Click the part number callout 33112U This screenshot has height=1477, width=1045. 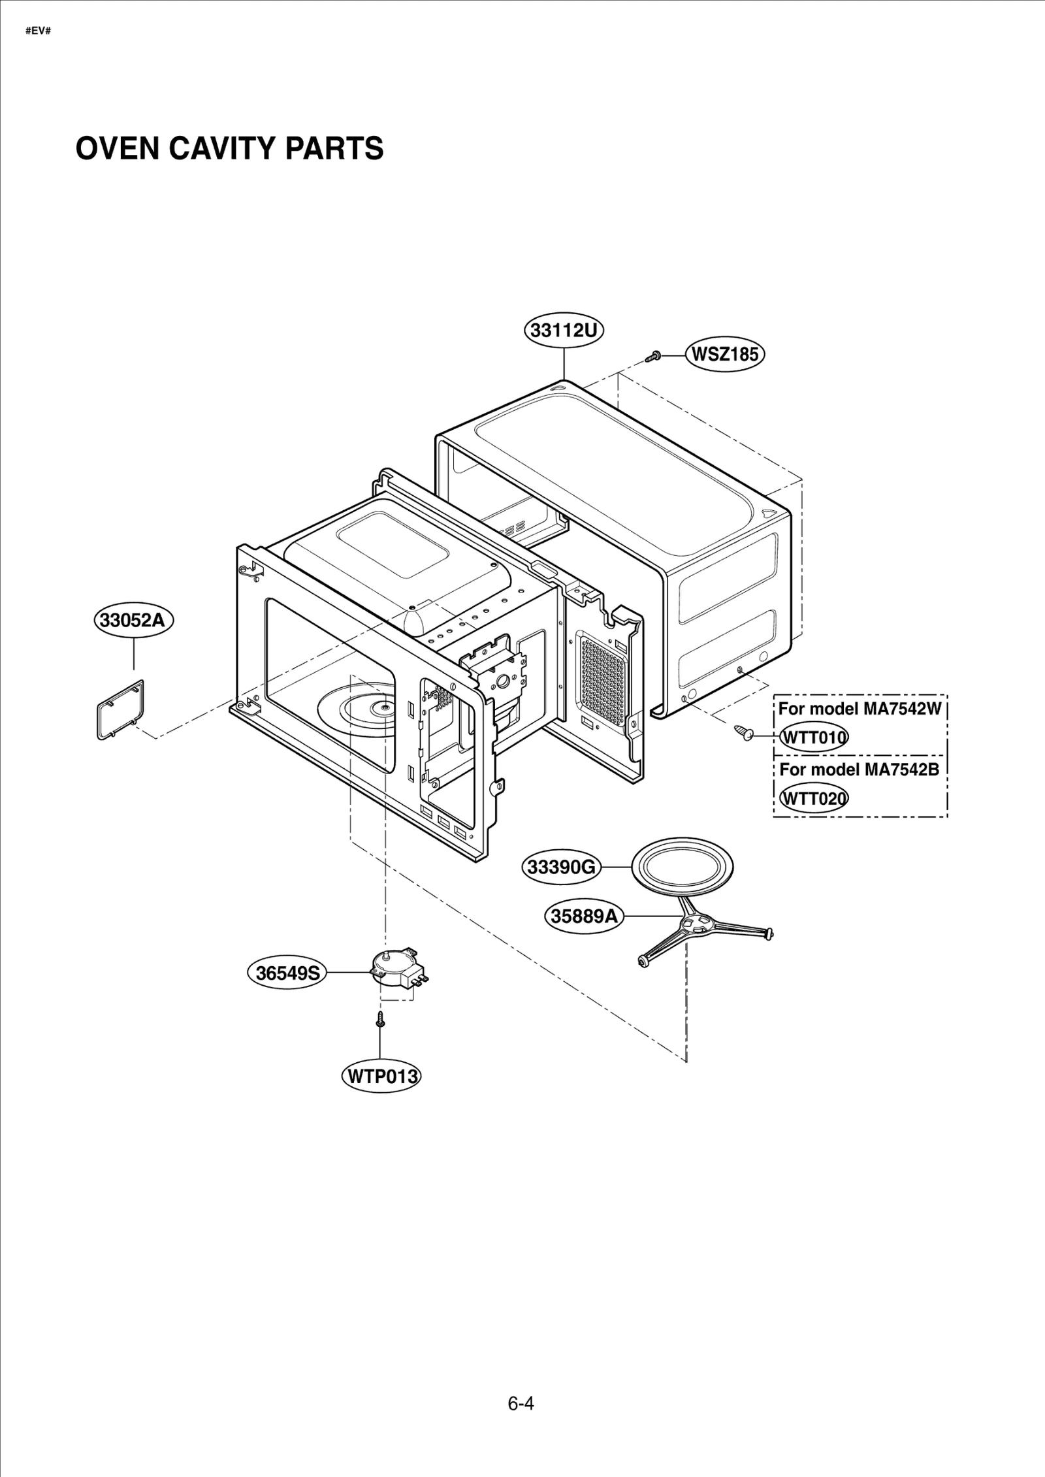[x=564, y=331]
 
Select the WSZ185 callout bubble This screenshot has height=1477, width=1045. [x=725, y=355]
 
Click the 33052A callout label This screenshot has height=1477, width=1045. [x=133, y=619]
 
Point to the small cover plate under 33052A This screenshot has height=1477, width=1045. [x=121, y=709]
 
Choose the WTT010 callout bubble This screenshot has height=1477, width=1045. [x=814, y=738]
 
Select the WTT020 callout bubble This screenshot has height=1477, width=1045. [x=814, y=798]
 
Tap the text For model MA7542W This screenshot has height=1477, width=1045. [x=860, y=709]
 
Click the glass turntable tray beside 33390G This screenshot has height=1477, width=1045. [x=683, y=867]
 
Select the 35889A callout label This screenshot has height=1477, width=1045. [x=583, y=917]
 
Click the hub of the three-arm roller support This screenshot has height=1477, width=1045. [x=694, y=924]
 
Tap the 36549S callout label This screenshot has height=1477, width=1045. [x=287, y=973]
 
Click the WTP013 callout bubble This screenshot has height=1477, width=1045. [x=381, y=1076]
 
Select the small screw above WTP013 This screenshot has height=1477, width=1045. [x=381, y=1018]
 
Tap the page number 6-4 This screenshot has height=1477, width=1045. [x=521, y=1403]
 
